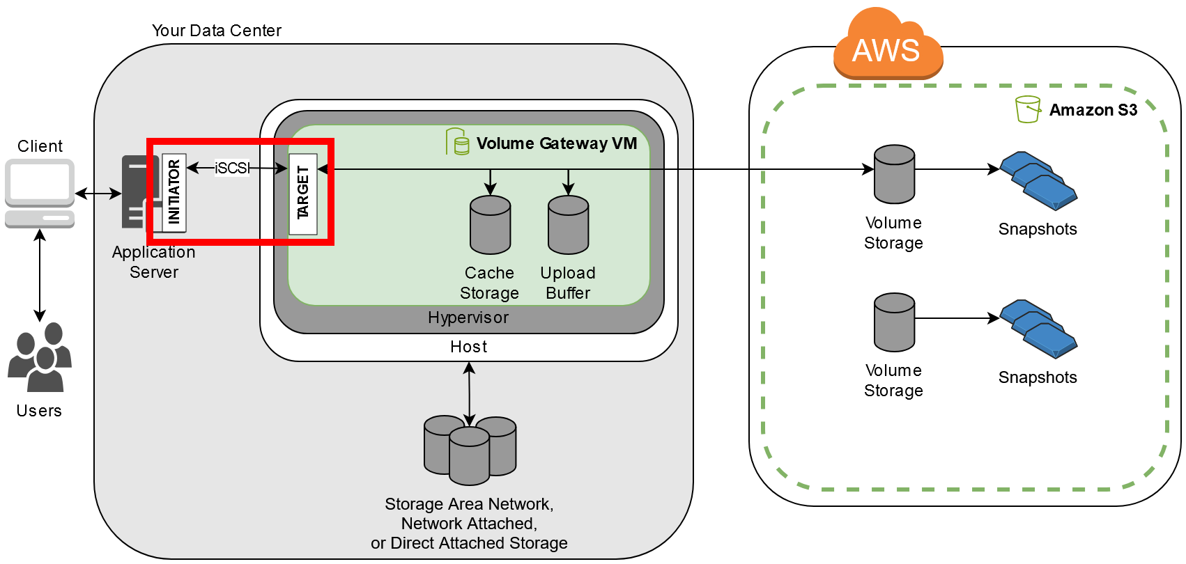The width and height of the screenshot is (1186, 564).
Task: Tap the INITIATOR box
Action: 174,193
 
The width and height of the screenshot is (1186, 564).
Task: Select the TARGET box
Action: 302,194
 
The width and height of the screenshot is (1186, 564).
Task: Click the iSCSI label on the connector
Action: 232,168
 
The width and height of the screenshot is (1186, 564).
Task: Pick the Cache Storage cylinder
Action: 490,225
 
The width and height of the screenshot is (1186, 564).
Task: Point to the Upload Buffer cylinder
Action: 568,225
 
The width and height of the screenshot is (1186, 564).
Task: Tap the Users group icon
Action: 40,357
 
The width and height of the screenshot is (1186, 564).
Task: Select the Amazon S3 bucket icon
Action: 1027,109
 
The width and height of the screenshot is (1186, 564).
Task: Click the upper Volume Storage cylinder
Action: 894,174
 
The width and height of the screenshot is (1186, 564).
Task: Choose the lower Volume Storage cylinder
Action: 894,322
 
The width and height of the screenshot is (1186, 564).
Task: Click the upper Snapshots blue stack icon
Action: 1038,181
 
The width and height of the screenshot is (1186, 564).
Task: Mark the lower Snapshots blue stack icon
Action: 1038,329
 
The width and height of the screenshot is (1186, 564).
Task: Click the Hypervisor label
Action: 468,318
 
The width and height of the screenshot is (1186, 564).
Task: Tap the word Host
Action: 468,347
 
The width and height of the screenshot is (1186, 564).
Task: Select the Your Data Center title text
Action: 216,31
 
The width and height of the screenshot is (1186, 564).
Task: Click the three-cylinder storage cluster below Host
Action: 470,450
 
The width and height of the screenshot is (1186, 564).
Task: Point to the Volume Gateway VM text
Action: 556,143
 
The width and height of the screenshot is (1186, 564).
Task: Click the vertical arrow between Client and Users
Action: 40,275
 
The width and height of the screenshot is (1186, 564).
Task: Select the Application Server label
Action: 153,262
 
